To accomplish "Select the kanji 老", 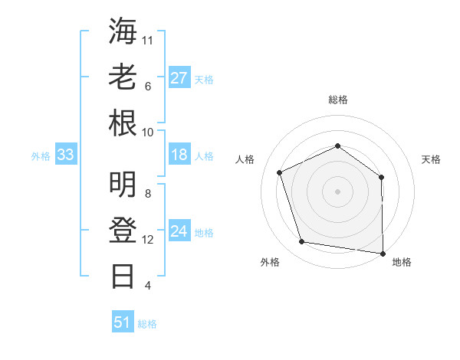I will coord(123,77).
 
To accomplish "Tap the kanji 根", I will coord(123,123).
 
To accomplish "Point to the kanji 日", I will coord(123,276).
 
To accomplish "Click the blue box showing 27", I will coord(179,78).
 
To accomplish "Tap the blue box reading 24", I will coord(179,232).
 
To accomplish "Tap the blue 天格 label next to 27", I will coord(204,80).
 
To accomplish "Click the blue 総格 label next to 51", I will coord(147,324).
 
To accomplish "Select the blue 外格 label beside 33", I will coord(41,156).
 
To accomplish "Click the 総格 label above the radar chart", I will coord(338,100).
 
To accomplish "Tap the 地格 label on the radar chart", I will coord(402,262).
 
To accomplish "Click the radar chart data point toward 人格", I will coord(280,172).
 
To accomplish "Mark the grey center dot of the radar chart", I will coord(337,191).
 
